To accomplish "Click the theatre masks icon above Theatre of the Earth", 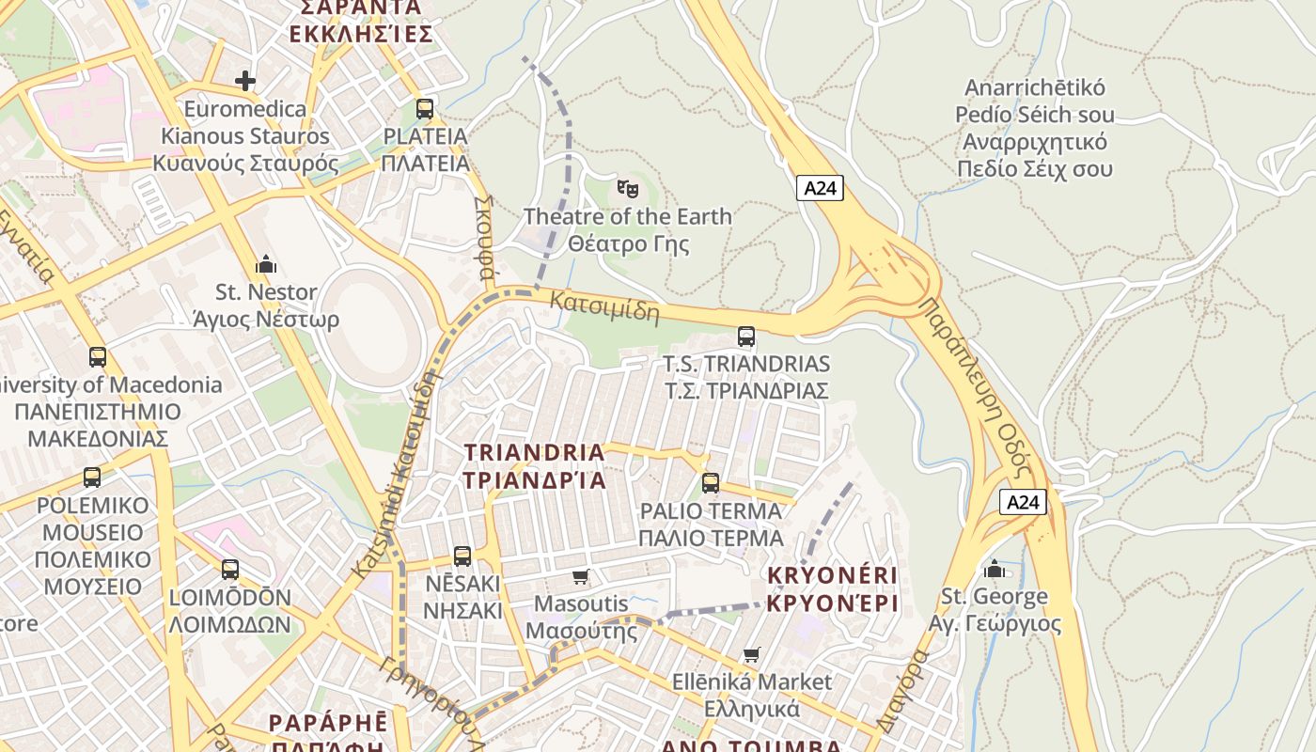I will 627,188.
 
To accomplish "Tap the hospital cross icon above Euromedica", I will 245,81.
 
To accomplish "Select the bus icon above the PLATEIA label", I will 425,108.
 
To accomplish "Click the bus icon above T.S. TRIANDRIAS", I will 746,336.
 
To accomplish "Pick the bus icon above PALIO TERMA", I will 711,483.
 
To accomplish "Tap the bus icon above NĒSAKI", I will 462,556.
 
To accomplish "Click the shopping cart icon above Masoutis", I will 581,575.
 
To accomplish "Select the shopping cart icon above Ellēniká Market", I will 751,654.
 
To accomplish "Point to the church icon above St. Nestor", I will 266,264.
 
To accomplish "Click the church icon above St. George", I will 995,569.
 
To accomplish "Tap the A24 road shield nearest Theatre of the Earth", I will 820,188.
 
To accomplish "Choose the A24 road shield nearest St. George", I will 1023,502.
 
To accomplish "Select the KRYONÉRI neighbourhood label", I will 833,588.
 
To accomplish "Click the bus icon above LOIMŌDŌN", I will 230,569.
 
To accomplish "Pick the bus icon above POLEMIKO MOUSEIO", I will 92,477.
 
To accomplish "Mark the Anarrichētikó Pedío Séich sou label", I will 1035,128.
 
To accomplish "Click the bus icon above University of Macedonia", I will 98,357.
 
